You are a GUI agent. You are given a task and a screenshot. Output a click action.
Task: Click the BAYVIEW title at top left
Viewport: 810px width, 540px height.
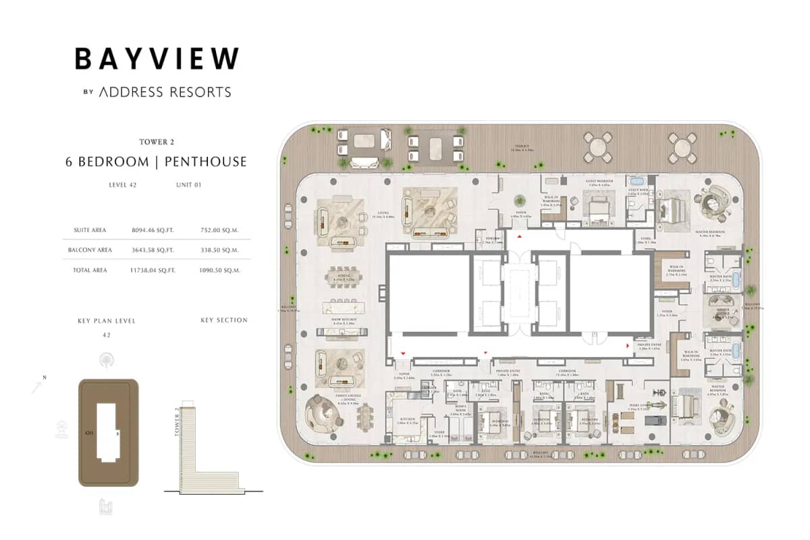(x=157, y=58)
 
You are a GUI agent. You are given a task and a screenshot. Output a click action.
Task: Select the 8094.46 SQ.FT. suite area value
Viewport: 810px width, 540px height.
(x=153, y=230)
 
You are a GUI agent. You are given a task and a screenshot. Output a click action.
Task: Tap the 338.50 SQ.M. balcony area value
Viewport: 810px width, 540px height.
(x=221, y=250)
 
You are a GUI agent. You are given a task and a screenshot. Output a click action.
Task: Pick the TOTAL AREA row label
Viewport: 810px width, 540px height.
(x=90, y=270)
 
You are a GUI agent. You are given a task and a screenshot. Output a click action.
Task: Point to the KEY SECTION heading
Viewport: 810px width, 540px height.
(x=224, y=320)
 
